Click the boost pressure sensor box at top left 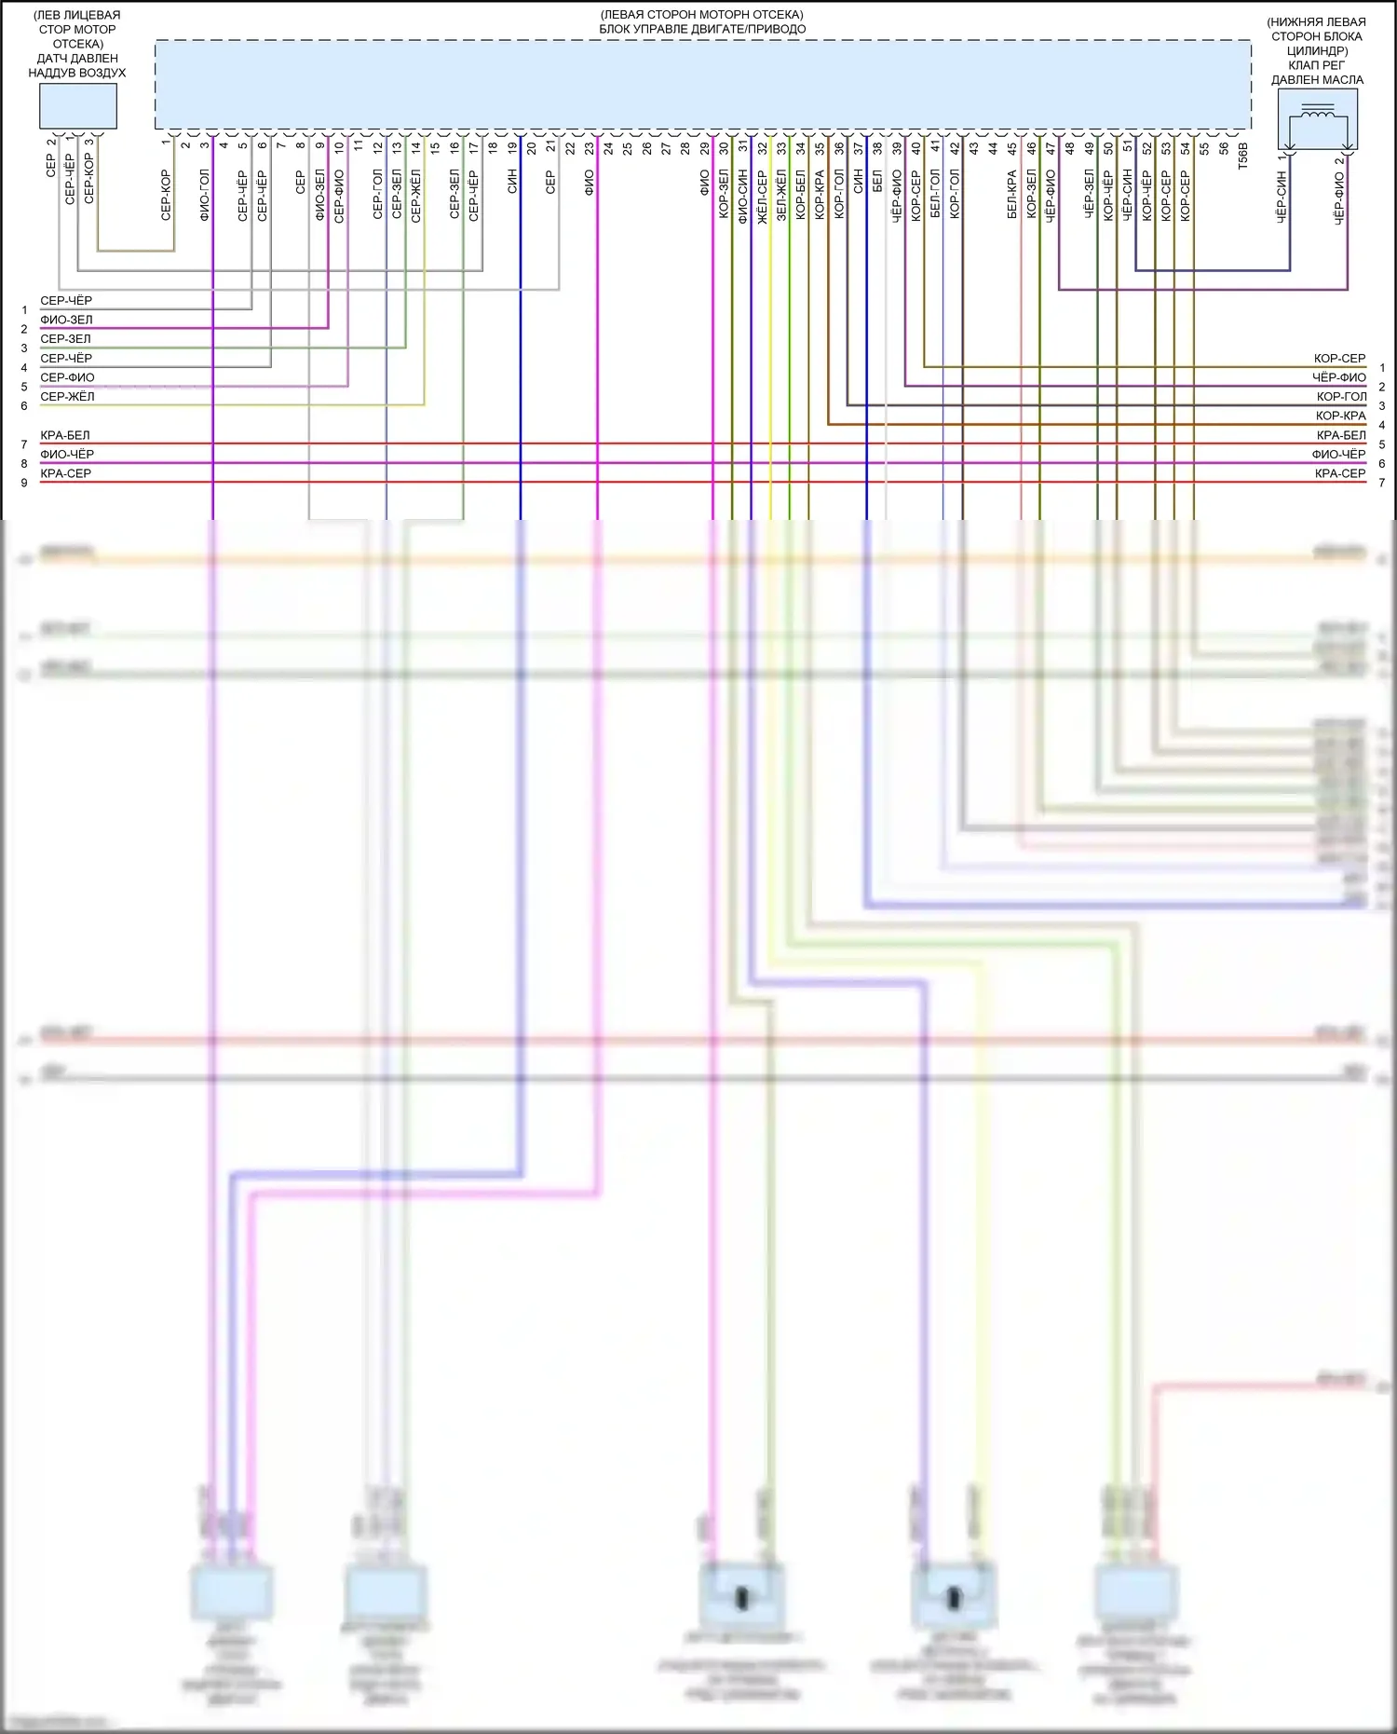coord(77,105)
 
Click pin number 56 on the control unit coord(1224,147)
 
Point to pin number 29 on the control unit coord(705,147)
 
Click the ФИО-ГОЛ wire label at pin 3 coord(205,195)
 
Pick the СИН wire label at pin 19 coord(512,182)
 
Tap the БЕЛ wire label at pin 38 coord(877,182)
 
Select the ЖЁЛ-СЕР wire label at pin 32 coord(762,195)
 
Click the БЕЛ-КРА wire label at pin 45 coord(1012,195)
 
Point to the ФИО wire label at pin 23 coord(590,182)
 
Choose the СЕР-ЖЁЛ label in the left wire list coord(67,397)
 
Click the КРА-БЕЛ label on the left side coord(65,435)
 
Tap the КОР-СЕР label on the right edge coord(1339,359)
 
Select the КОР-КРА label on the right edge coord(1340,416)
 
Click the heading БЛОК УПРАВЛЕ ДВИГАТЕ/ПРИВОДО coord(702,29)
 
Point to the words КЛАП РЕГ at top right coord(1317,65)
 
